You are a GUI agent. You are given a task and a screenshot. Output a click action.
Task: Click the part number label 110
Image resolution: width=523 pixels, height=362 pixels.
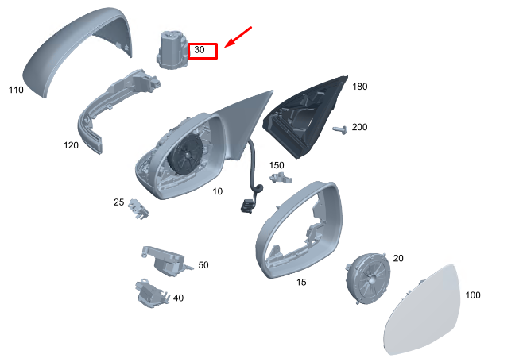click(x=16, y=90)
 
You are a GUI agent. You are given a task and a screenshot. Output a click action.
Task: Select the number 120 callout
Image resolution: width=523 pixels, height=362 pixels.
click(x=71, y=145)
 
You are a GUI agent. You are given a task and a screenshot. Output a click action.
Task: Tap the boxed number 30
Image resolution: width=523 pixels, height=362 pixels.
click(x=200, y=50)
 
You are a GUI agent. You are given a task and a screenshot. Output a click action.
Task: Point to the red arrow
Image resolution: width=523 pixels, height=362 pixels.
click(x=238, y=37)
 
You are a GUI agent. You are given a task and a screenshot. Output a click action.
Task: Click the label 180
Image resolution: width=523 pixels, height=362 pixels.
click(x=360, y=87)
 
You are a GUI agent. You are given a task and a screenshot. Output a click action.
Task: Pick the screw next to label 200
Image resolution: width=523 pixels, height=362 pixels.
click(x=340, y=129)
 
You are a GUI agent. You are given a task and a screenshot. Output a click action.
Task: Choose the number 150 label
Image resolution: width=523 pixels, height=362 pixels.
click(x=277, y=165)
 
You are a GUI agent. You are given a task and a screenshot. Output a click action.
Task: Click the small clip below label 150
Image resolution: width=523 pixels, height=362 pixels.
click(x=281, y=178)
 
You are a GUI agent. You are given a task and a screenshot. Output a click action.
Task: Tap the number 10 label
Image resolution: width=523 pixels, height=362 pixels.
click(x=218, y=191)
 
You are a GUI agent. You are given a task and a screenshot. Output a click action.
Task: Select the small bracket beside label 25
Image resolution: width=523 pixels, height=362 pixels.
click(x=138, y=209)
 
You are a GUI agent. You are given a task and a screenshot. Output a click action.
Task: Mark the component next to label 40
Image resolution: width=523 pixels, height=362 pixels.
click(x=152, y=293)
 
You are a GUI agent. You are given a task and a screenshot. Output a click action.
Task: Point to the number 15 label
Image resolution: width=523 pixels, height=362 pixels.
click(x=301, y=283)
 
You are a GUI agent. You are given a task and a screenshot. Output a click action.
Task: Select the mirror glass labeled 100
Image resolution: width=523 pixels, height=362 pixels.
click(x=423, y=310)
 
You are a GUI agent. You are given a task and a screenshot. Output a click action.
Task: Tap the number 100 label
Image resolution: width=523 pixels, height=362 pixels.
click(x=473, y=295)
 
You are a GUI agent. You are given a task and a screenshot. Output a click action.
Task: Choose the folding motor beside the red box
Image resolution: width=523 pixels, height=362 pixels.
click(x=172, y=50)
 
